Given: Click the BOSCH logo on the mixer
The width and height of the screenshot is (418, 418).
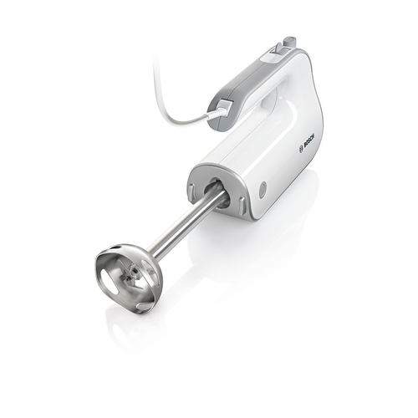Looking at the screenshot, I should tap(303, 147).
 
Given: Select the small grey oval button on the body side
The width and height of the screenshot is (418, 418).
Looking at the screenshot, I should tap(265, 190).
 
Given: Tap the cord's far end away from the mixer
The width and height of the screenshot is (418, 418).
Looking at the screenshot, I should tap(156, 60).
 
